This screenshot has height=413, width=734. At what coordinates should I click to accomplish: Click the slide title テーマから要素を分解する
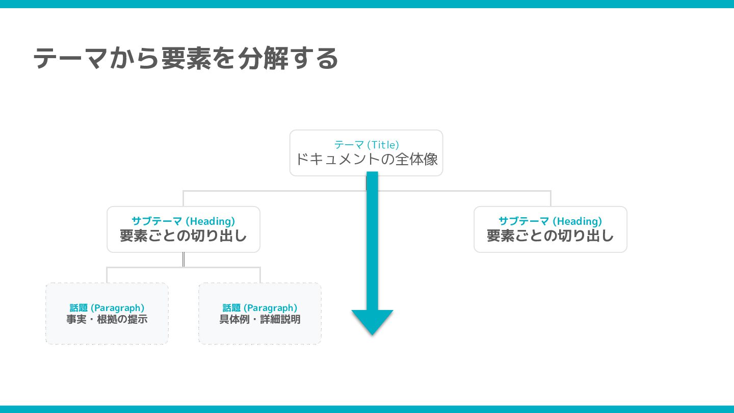(186, 58)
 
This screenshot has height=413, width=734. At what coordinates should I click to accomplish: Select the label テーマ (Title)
(366, 145)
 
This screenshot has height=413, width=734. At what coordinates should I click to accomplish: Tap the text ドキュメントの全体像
(366, 160)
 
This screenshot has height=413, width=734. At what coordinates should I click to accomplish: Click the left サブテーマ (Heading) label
(183, 221)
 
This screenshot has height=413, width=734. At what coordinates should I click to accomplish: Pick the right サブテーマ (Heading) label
(550, 221)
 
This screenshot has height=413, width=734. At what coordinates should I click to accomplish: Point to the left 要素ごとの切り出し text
(183, 236)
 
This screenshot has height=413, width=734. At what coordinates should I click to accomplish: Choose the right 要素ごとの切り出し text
(550, 236)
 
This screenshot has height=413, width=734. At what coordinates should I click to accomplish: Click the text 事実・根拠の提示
(107, 320)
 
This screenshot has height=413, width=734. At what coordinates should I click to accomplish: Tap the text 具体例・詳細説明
(260, 320)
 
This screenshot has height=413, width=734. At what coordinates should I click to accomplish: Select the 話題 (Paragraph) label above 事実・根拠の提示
(107, 308)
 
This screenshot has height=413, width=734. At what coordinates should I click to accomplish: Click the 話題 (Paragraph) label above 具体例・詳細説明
(260, 308)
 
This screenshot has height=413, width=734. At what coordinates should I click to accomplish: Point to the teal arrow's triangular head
(372, 321)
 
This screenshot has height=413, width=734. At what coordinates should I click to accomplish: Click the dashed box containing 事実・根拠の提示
(107, 334)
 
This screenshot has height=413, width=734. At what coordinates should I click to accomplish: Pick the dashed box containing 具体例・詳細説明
(260, 334)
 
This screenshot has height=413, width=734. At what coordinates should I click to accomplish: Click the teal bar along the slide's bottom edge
(367, 409)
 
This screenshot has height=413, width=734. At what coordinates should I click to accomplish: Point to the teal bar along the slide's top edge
(367, 4)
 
